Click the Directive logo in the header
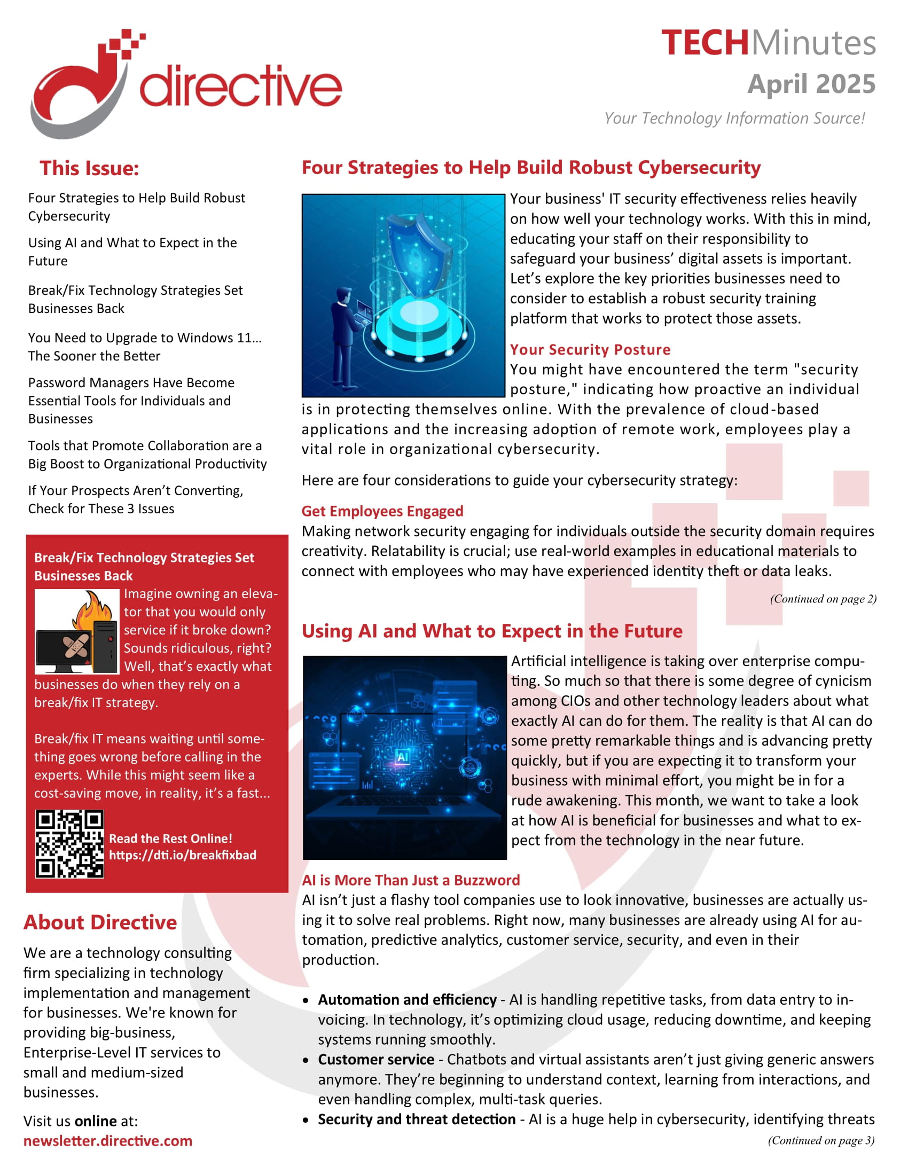[x=185, y=83]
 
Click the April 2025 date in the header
[x=811, y=84]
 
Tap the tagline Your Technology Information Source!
[x=734, y=119]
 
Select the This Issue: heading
[x=89, y=168]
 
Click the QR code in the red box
[x=69, y=843]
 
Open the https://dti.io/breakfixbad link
[x=182, y=855]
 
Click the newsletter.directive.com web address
[x=107, y=1141]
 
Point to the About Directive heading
[x=100, y=922]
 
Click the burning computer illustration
[x=77, y=632]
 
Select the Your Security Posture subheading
[x=590, y=350]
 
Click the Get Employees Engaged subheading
[x=382, y=511]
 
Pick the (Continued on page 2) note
[x=823, y=599]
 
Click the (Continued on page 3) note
[x=820, y=1140]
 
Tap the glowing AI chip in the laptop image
[x=402, y=757]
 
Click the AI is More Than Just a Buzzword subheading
[x=410, y=880]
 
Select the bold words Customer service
[x=375, y=1059]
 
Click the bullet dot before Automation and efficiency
[x=306, y=1001]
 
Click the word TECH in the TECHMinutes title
[x=704, y=43]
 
